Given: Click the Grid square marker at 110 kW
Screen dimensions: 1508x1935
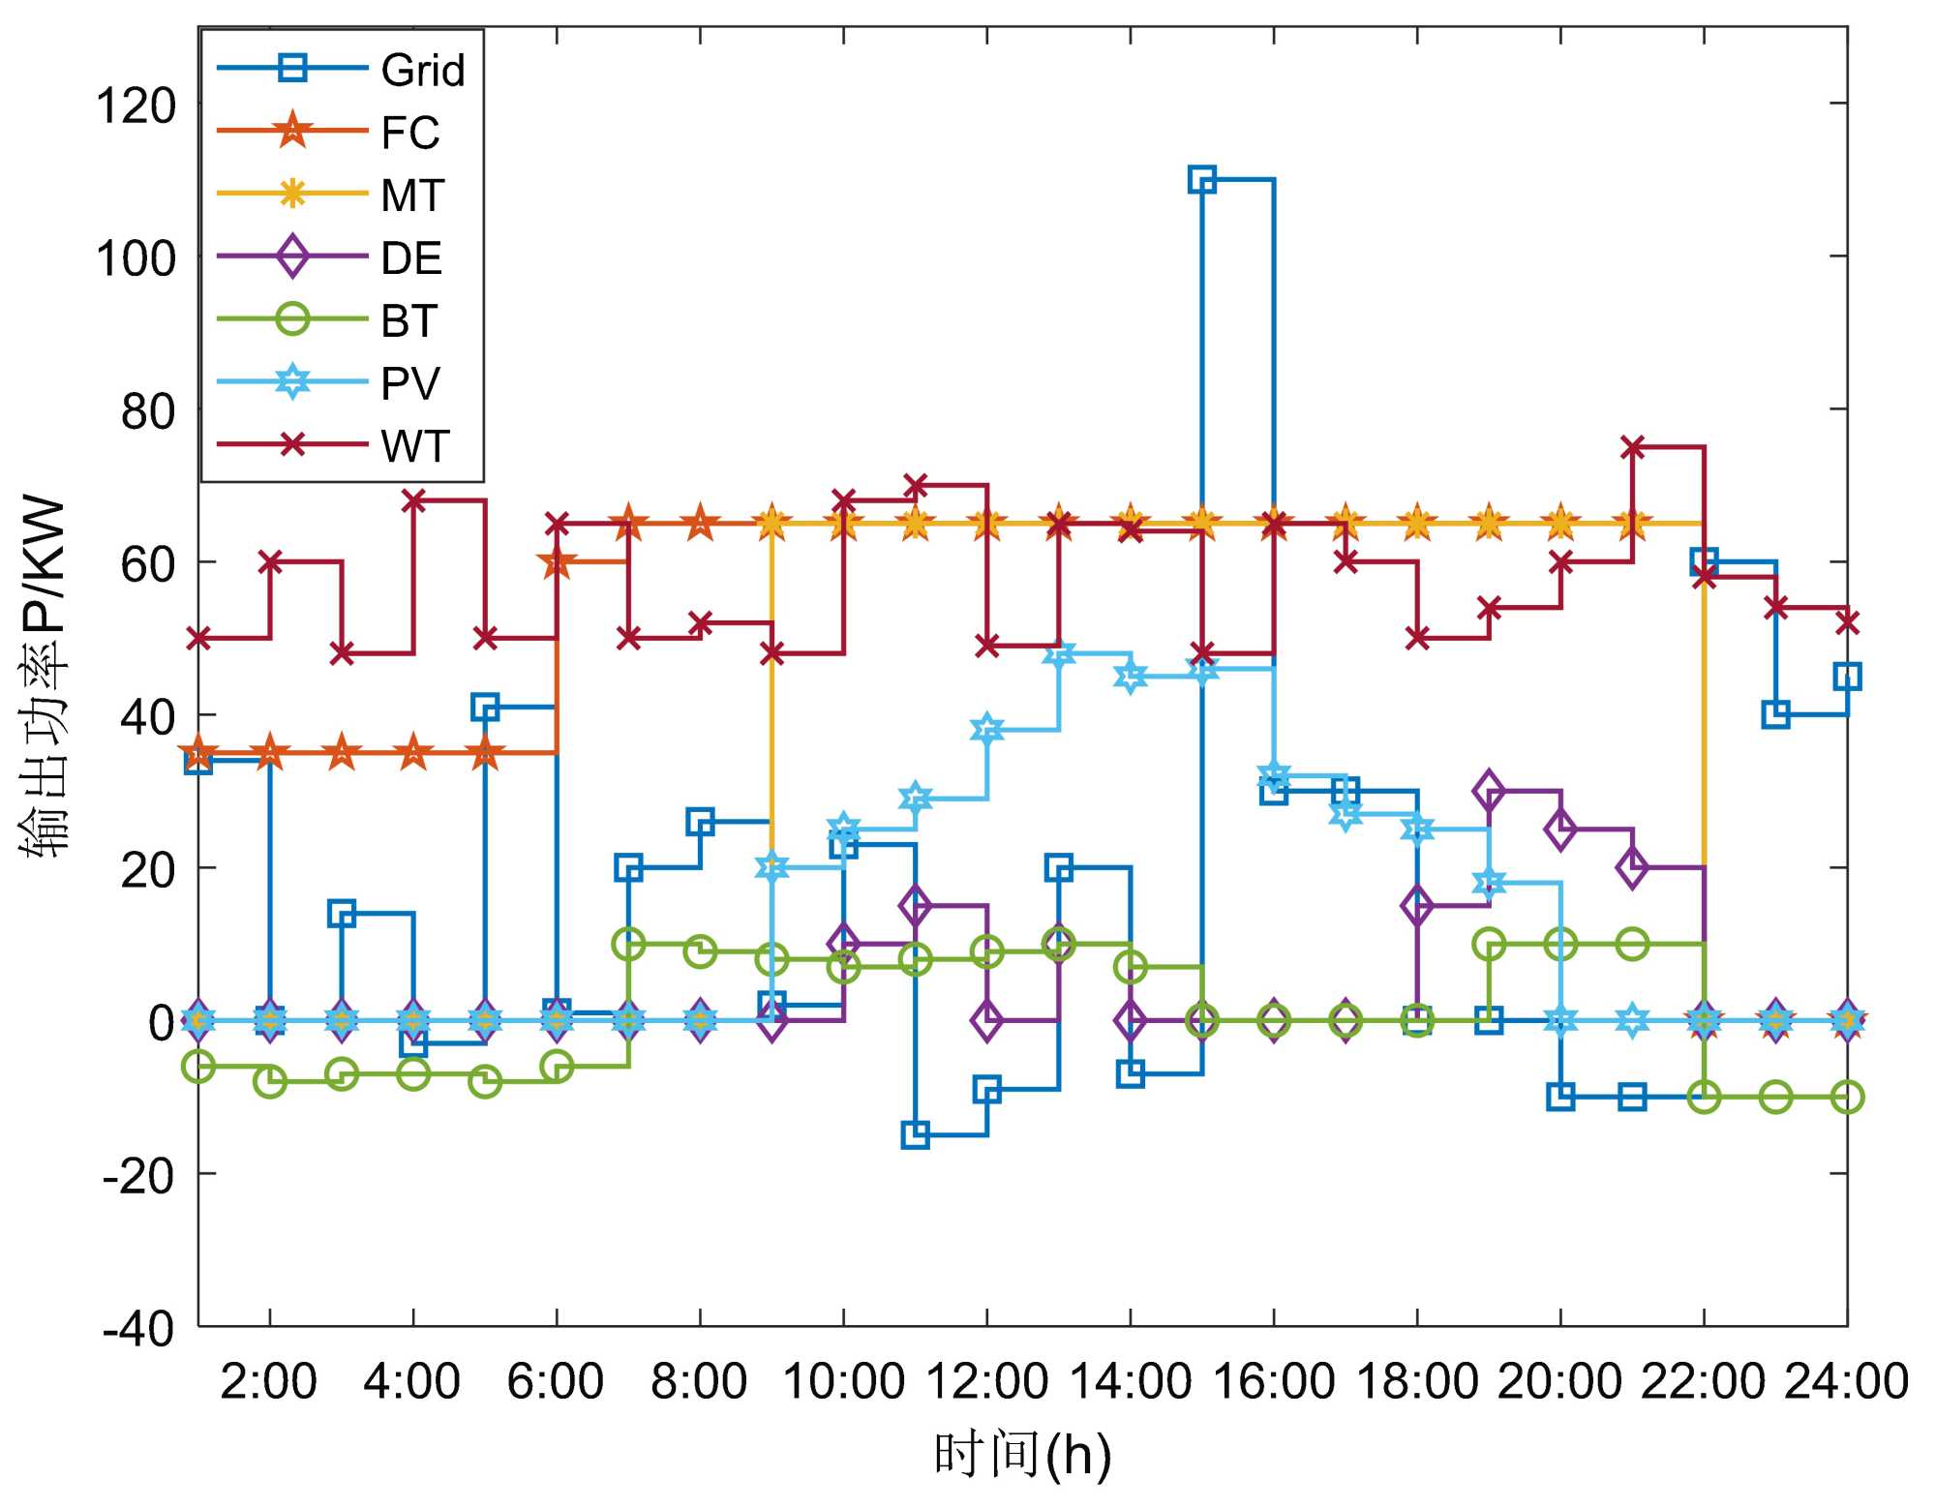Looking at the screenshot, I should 1201,179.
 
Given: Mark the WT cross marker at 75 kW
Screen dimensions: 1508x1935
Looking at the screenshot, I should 1632,447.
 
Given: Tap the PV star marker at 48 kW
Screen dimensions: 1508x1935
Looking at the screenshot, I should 1059,653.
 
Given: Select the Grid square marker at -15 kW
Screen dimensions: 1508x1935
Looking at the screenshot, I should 915,1134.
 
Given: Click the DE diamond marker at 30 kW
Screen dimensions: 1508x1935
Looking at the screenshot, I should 1489,791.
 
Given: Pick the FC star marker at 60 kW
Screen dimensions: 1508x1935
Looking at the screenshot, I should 557,561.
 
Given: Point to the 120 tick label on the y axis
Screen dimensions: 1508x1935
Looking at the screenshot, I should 136,105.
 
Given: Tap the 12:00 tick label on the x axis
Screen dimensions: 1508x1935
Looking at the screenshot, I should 986,1381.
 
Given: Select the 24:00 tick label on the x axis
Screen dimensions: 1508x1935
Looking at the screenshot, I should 1846,1381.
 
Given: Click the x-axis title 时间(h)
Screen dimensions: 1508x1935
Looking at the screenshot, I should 1022,1455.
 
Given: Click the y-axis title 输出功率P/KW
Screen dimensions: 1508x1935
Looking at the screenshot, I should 44,678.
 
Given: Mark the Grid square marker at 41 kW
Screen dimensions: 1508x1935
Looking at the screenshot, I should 485,707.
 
